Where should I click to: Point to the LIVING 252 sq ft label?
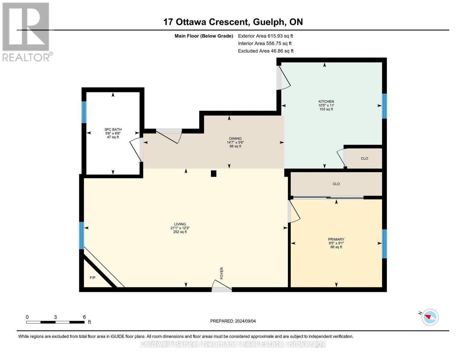point(180,228)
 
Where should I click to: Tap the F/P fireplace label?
point(93,278)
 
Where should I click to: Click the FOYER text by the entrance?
point(222,273)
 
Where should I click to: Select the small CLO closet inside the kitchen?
point(364,158)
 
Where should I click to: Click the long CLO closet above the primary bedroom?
point(336,184)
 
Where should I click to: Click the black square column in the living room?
point(214,173)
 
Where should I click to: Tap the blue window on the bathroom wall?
point(84,112)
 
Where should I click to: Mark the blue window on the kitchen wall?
point(384,106)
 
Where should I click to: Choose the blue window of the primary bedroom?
point(384,244)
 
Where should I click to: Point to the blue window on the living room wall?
point(81,235)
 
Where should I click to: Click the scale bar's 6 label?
point(84,317)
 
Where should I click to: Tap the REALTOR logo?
point(26,31)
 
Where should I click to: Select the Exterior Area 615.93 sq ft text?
point(265,36)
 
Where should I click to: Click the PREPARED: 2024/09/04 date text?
point(233,321)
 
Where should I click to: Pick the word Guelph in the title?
point(269,22)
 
